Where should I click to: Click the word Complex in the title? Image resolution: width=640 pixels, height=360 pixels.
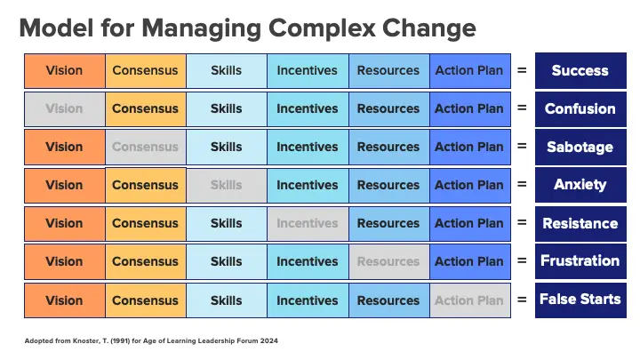pyautogui.click(x=322, y=28)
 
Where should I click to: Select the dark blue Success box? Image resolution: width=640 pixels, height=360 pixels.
pyautogui.click(x=580, y=70)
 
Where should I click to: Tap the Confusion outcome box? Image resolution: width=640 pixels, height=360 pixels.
pyautogui.click(x=580, y=109)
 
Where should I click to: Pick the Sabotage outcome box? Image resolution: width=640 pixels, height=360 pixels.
pyautogui.click(x=580, y=147)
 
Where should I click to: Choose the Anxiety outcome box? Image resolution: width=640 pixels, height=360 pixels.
pyautogui.click(x=580, y=185)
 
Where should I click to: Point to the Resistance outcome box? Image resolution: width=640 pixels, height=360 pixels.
pyautogui.click(x=580, y=224)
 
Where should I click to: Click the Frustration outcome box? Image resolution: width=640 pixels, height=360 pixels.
pyautogui.click(x=580, y=261)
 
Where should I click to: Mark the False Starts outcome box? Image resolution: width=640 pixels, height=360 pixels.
pyautogui.click(x=580, y=300)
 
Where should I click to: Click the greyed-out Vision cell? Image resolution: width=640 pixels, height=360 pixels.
pyautogui.click(x=65, y=109)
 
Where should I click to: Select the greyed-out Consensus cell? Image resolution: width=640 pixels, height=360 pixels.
pyautogui.click(x=145, y=147)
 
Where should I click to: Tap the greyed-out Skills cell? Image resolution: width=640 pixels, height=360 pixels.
pyautogui.click(x=227, y=185)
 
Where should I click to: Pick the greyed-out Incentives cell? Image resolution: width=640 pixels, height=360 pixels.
pyautogui.click(x=308, y=224)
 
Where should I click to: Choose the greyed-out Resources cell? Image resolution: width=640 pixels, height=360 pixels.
pyautogui.click(x=388, y=261)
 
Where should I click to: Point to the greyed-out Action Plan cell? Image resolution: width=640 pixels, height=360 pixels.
pyautogui.click(x=470, y=300)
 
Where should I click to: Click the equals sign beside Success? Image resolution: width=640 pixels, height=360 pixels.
pyautogui.click(x=522, y=70)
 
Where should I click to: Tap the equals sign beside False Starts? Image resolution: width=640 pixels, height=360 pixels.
pyautogui.click(x=522, y=300)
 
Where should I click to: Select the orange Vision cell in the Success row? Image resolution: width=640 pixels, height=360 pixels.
pyautogui.click(x=65, y=70)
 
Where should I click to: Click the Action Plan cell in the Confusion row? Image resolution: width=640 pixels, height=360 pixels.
pyautogui.click(x=470, y=109)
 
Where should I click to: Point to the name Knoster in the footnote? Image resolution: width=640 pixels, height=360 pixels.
pyautogui.click(x=87, y=340)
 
